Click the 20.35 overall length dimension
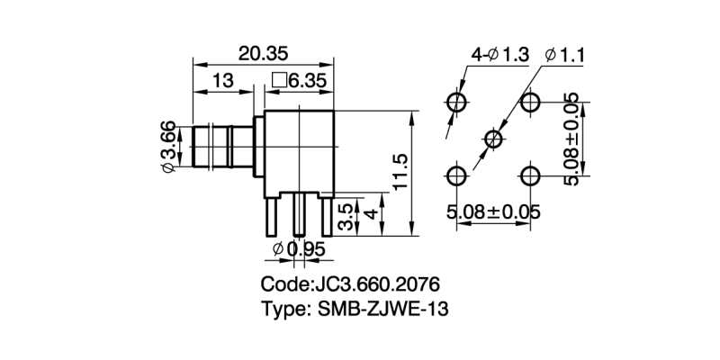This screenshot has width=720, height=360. [263, 53]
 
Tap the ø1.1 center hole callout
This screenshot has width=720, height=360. [566, 56]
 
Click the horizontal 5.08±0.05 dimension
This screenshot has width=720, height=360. [493, 212]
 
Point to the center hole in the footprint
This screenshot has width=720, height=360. [493, 138]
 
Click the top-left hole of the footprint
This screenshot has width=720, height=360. [457, 100]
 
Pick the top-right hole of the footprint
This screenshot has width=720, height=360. [531, 100]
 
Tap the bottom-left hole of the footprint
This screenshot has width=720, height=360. [457, 174]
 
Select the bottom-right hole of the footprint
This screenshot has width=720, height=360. [531, 174]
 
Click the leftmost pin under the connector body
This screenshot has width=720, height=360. [271, 217]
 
